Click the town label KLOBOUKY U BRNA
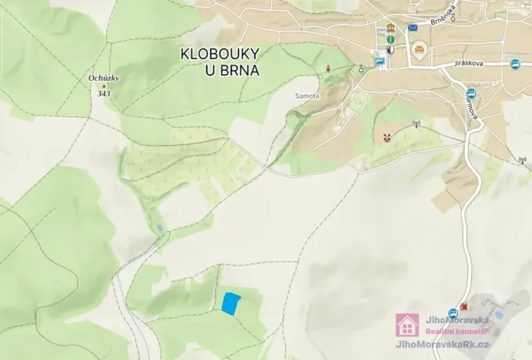[219, 62]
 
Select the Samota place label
[306, 96]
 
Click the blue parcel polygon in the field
[230, 303]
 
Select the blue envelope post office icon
[413, 28]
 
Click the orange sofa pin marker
[419, 51]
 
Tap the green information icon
[391, 38]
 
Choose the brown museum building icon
[391, 28]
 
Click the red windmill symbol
[387, 137]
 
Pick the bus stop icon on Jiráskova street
[515, 65]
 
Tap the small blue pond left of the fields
[159, 228]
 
